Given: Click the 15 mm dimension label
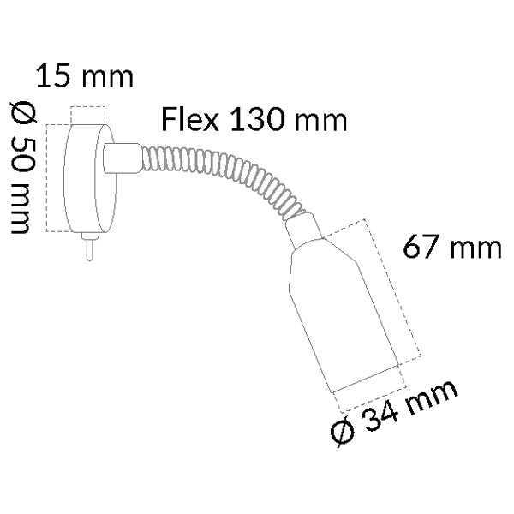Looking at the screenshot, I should click(x=84, y=76).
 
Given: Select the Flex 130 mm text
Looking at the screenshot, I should click(x=254, y=119).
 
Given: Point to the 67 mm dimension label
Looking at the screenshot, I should click(x=451, y=248).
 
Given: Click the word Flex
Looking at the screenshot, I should click(x=190, y=119).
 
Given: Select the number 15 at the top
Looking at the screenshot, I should click(x=53, y=76).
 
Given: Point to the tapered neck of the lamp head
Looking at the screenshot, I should click(x=304, y=231).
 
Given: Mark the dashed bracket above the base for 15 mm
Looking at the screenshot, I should click(x=87, y=108).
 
